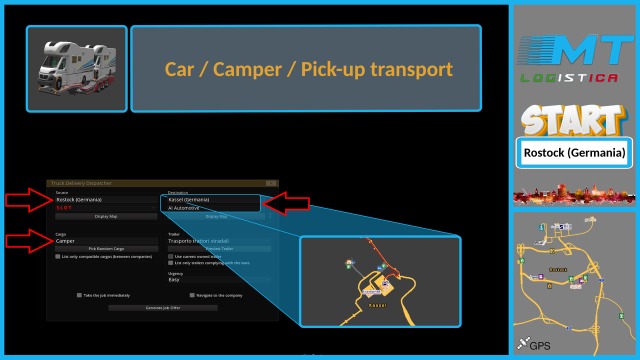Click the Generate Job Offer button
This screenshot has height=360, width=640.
(163, 308)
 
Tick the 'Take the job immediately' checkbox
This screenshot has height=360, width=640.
(79, 295)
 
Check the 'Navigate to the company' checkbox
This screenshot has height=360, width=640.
(192, 295)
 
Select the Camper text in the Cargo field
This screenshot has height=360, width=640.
(65, 241)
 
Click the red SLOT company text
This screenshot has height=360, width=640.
(64, 207)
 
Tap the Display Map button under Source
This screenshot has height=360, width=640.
(106, 216)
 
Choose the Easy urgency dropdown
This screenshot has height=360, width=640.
(219, 279)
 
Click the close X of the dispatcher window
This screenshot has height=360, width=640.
(271, 183)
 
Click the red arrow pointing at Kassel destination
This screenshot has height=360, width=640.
(286, 203)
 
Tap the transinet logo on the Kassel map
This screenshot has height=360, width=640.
(371, 291)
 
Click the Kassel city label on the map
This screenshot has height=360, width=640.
(377, 305)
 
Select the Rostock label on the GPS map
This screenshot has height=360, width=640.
(558, 270)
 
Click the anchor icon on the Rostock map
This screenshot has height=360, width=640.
(540, 227)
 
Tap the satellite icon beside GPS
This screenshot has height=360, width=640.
(523, 343)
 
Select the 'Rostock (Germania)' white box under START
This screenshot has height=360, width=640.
(574, 152)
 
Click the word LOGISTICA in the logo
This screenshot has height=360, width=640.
(569, 78)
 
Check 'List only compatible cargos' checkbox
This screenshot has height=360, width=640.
(58, 256)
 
